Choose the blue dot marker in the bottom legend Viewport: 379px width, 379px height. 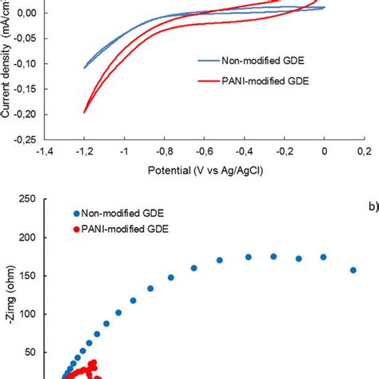(x=76, y=213)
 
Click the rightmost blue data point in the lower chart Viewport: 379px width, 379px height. (x=353, y=270)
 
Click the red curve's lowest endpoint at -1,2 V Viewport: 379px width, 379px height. (x=84, y=112)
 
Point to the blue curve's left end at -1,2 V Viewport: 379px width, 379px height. (x=84, y=68)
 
